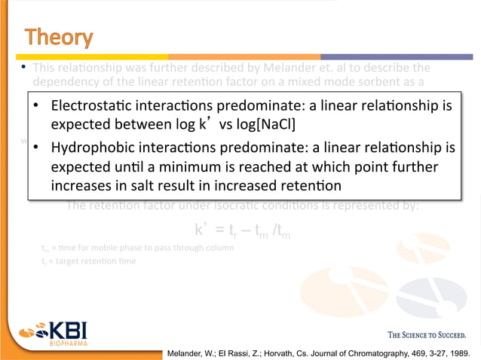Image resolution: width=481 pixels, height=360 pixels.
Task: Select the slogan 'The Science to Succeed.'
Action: tap(426, 334)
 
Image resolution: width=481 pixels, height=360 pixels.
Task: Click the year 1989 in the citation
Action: tap(465, 352)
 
